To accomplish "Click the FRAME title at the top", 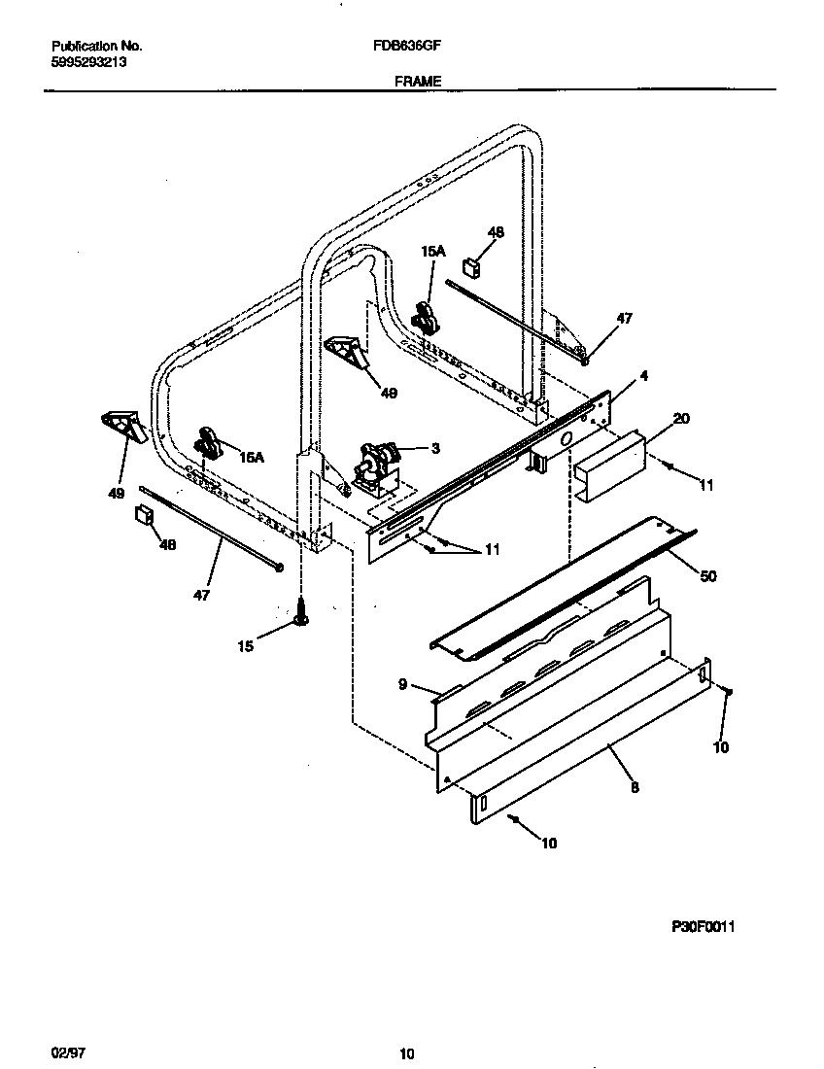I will click(x=418, y=83).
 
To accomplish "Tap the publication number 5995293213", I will click(x=87, y=61).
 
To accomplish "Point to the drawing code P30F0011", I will click(x=702, y=927).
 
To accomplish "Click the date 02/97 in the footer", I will click(x=63, y=1052).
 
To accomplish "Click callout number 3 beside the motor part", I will click(x=435, y=448).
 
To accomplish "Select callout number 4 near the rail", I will click(x=642, y=375).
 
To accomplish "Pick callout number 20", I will click(x=680, y=419).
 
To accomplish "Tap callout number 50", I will click(x=707, y=576).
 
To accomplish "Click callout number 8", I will click(x=635, y=788).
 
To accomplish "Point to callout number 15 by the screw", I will click(x=246, y=646).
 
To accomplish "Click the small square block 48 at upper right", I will click(x=473, y=264).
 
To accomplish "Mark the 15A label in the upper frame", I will click(x=432, y=251).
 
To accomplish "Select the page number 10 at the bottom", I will click(x=407, y=1053).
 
